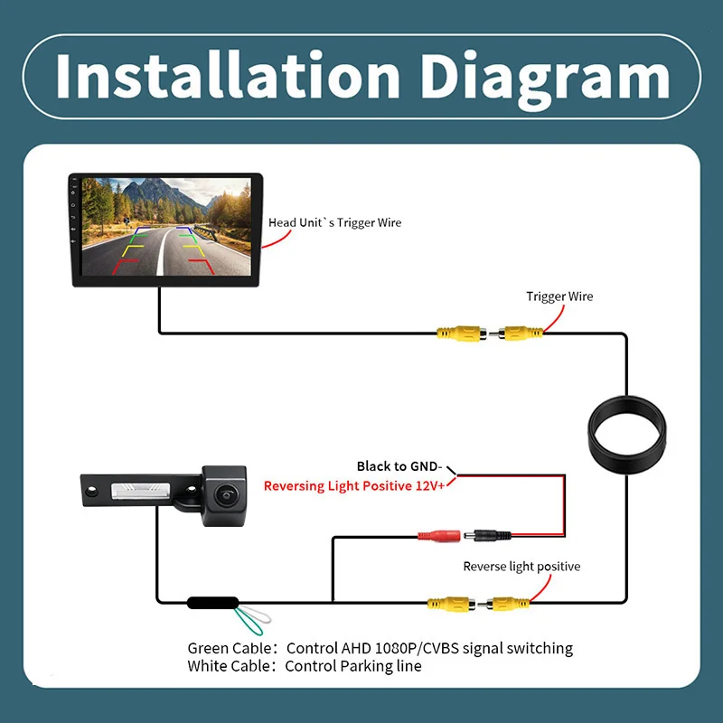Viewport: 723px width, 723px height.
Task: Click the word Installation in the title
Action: [228, 76]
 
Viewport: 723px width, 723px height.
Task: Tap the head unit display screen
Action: [166, 227]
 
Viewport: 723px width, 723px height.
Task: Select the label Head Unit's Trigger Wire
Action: [334, 222]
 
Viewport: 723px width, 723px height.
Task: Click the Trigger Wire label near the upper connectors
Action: [559, 296]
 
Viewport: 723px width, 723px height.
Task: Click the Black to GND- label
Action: [399, 466]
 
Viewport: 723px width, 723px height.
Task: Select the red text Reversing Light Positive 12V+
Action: [354, 486]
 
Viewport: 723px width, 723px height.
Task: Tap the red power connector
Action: [439, 536]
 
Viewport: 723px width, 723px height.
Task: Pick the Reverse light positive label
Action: [521, 567]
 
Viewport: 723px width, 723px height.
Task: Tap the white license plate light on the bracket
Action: [141, 491]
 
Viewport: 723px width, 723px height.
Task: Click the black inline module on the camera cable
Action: [213, 602]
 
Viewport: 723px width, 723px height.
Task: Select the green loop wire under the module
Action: [248, 622]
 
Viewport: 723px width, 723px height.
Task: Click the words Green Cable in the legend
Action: [230, 648]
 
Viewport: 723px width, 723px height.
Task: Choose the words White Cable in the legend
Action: [229, 666]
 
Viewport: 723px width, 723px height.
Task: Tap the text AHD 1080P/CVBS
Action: [399, 648]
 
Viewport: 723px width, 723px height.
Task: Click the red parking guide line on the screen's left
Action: [125, 266]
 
